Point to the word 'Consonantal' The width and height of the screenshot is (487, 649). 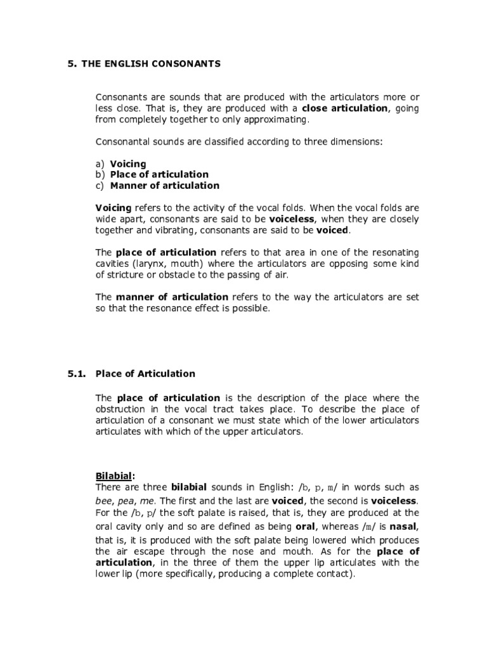[124, 142]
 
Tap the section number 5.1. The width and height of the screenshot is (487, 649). [77, 374]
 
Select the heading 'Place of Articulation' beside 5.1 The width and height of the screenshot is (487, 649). [145, 374]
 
